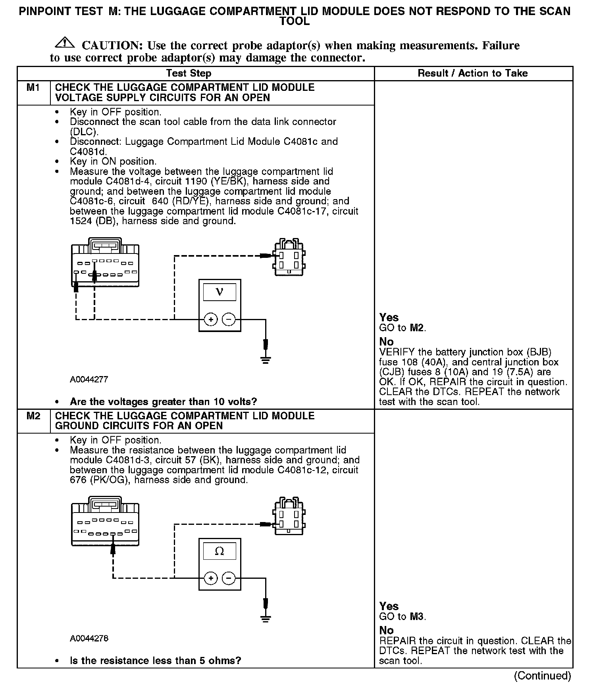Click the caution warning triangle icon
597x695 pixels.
pos(65,43)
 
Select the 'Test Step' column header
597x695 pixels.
pos(189,73)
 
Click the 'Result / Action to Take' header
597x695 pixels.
pos(472,73)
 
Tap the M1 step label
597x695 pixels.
pos(33,88)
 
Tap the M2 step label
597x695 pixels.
pos(33,416)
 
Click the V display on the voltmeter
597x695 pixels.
pos(220,292)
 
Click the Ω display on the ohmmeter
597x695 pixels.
pos(220,551)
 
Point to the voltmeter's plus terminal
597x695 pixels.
pos(211,319)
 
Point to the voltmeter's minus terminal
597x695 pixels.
pos(228,319)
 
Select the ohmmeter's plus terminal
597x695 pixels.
pos(211,578)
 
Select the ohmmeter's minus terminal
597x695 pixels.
pos(228,578)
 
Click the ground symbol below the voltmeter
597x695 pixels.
pos(266,360)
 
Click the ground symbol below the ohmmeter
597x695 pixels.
pos(266,619)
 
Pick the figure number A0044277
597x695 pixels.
pos(89,380)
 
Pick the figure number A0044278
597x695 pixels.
pos(89,639)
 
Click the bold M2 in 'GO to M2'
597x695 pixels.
pos(417,328)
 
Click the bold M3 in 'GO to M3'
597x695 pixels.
pos(417,617)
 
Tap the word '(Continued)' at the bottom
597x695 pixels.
pos(542,676)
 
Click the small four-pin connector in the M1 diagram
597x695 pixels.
pos(289,258)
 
